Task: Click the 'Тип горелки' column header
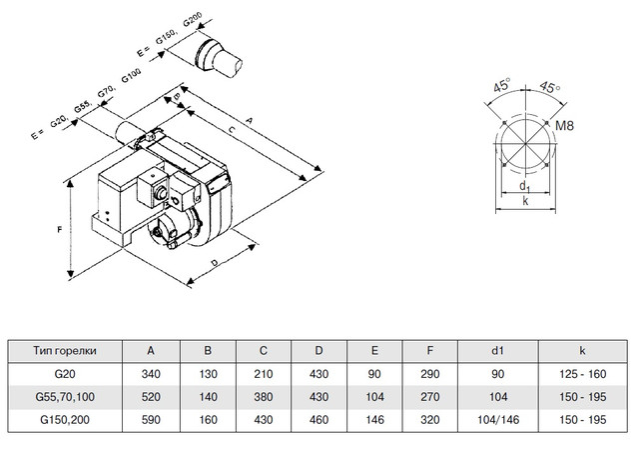(65, 351)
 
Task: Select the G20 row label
(65, 373)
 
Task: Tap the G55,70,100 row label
(65, 395)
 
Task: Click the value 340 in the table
(152, 373)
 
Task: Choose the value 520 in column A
(152, 395)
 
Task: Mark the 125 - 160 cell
(580, 373)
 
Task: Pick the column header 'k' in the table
(580, 351)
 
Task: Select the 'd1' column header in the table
(496, 351)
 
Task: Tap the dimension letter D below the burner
(216, 264)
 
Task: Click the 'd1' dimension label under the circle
(525, 186)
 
